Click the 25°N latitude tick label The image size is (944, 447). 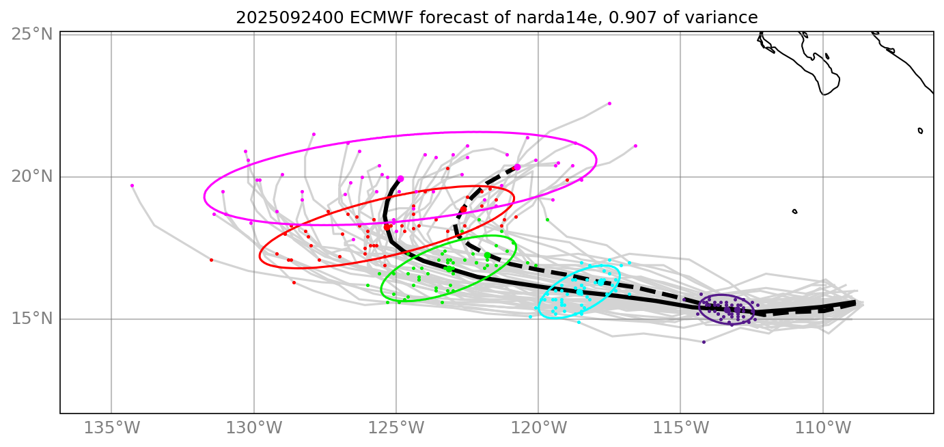point(32,33)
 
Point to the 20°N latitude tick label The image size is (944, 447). point(32,176)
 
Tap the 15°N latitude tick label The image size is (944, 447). point(32,319)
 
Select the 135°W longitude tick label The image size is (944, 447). point(112,429)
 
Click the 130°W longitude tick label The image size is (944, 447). point(254,429)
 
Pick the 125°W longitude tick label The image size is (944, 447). point(396,429)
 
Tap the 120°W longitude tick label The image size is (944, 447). point(538,429)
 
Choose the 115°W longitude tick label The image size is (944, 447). point(680,429)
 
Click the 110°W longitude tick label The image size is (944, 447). point(822,429)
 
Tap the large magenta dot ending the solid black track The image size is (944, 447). point(400,178)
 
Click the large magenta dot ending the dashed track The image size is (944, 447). point(517,167)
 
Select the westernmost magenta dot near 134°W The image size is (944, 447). point(132,185)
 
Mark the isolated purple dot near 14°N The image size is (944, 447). point(704,342)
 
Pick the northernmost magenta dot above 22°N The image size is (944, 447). point(609,103)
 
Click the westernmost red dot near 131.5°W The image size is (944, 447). point(211,260)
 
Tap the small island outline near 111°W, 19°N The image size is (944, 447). point(794,211)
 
